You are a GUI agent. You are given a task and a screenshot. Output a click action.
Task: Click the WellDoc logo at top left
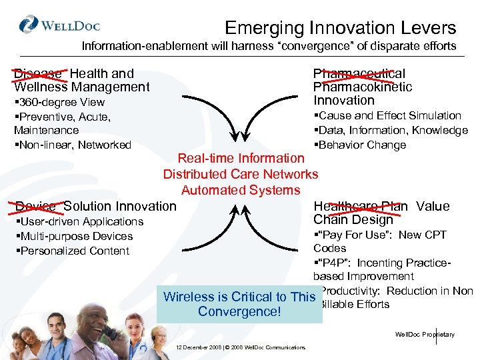coord(60,27)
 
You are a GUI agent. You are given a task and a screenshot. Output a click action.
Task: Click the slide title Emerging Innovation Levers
coord(340,28)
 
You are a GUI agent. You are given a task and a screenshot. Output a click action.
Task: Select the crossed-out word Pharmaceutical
coord(359,73)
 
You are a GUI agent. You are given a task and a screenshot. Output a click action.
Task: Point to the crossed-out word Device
coord(37,207)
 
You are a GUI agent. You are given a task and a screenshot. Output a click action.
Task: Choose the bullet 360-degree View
coord(59,102)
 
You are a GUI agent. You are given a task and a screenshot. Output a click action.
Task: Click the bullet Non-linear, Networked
coord(73,145)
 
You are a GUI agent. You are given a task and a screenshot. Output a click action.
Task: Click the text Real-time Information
coord(240,158)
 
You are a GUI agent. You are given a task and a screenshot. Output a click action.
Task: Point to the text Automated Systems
coord(240,190)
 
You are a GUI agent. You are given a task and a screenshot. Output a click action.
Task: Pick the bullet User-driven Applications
coord(79,221)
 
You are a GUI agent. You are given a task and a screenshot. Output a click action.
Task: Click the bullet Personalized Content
coord(72,251)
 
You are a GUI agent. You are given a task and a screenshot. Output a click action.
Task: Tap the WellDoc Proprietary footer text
coord(425,334)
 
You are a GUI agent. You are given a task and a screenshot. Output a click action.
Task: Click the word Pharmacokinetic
coord(363,87)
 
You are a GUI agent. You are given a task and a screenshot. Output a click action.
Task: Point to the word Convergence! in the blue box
coord(239,312)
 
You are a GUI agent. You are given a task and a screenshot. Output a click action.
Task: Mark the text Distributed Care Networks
coord(241,174)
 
